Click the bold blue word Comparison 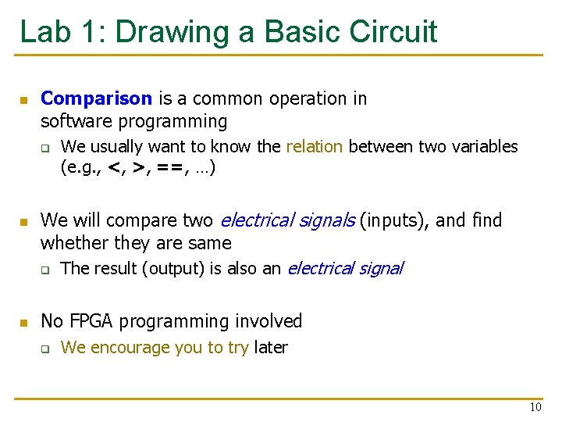(x=96, y=98)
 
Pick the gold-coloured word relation (x=314, y=146)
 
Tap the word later (x=270, y=347)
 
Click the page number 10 (x=535, y=407)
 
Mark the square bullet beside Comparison (x=23, y=100)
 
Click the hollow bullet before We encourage (x=45, y=349)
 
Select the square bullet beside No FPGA (x=23, y=322)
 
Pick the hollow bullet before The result (x=45, y=270)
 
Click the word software (x=72, y=121)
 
